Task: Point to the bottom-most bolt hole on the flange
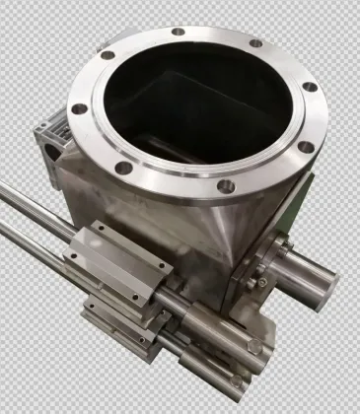[x=226, y=184]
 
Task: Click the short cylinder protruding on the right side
[x=301, y=274]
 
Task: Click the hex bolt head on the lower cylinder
[x=255, y=347]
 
